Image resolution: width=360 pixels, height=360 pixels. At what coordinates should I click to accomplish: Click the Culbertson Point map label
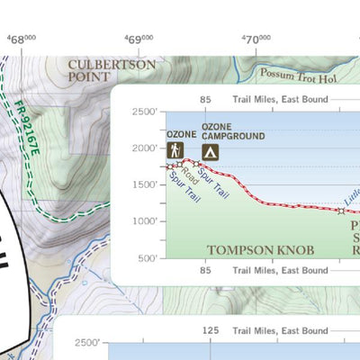[x=111, y=71]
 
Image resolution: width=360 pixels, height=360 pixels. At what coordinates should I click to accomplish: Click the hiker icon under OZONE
[x=175, y=151]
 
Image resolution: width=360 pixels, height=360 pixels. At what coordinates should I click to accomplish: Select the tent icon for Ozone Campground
[x=211, y=151]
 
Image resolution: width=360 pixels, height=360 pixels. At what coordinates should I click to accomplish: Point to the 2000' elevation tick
[x=144, y=148]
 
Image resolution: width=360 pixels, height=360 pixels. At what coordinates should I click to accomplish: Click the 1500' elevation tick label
[x=144, y=184]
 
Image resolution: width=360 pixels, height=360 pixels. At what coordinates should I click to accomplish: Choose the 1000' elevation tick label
[x=144, y=220]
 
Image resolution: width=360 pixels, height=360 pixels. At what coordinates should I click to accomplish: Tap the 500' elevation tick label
[x=147, y=257]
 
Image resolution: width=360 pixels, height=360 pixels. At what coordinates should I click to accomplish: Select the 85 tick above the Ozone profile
[x=206, y=100]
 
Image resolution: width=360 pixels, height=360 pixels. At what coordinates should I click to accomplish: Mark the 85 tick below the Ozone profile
[x=206, y=269]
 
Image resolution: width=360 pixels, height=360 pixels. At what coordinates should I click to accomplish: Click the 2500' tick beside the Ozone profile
[x=144, y=112]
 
